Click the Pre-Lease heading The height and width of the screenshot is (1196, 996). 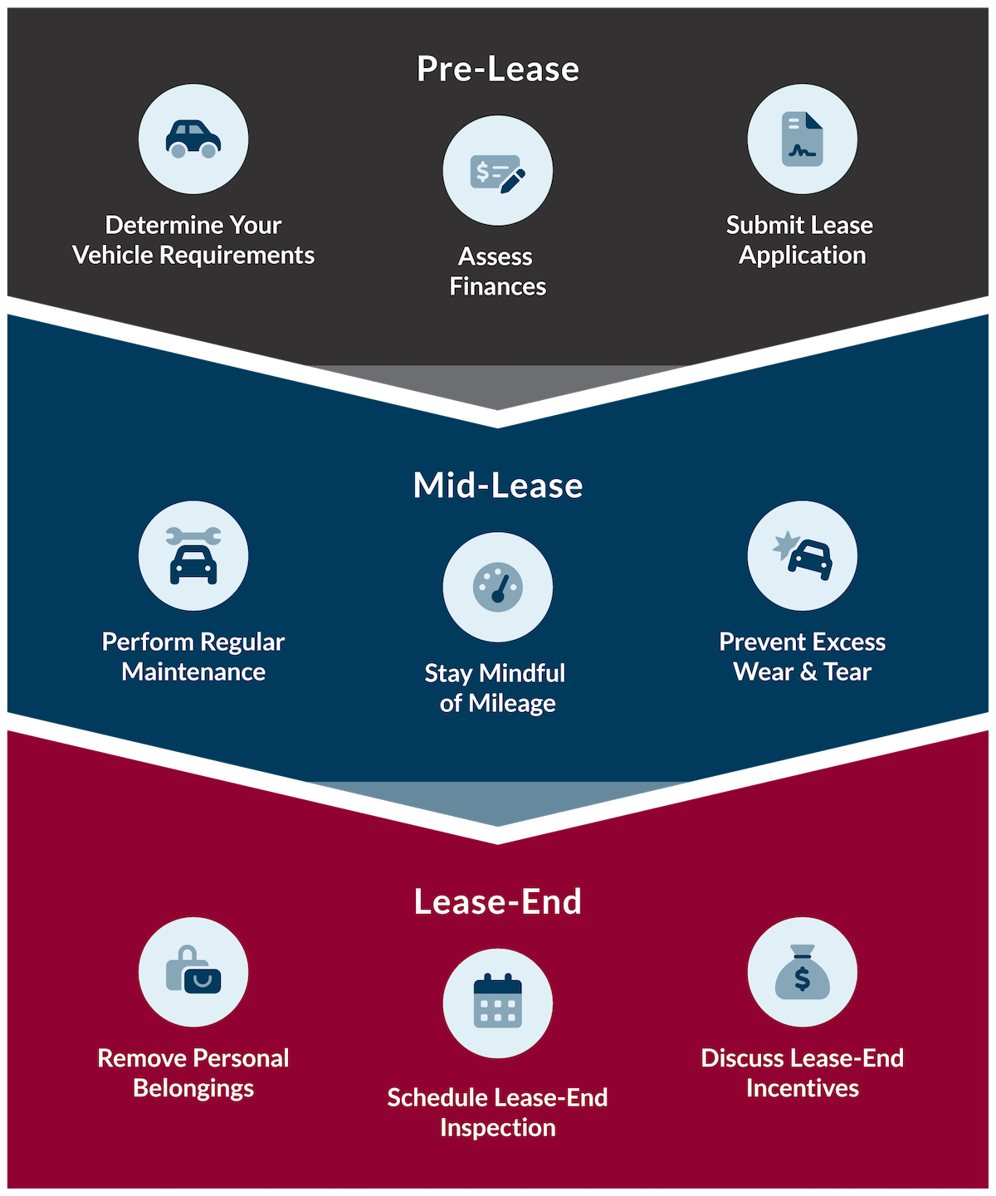click(x=498, y=69)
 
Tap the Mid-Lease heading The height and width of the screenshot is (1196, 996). click(x=498, y=486)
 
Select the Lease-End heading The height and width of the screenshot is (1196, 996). click(x=498, y=902)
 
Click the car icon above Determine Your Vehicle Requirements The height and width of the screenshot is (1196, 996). click(x=193, y=139)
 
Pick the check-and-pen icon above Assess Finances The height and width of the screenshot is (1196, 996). click(x=498, y=171)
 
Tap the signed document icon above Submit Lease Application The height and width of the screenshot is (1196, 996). click(x=802, y=139)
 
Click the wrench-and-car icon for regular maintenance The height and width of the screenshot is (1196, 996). click(x=193, y=555)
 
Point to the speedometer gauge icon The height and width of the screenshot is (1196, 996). click(x=498, y=588)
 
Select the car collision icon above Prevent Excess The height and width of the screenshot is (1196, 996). click(x=802, y=555)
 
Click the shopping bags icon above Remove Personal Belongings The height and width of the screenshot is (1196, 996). click(x=193, y=972)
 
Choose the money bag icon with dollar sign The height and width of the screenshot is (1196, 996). click(x=802, y=972)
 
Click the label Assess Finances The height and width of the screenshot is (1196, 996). click(x=497, y=271)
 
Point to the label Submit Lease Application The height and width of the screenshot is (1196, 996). click(x=800, y=240)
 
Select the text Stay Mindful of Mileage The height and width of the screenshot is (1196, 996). click(x=496, y=688)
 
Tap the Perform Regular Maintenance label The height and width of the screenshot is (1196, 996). click(x=193, y=657)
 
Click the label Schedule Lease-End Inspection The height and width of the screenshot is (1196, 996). click(x=497, y=1112)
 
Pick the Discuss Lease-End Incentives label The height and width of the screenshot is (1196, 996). click(x=802, y=1073)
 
